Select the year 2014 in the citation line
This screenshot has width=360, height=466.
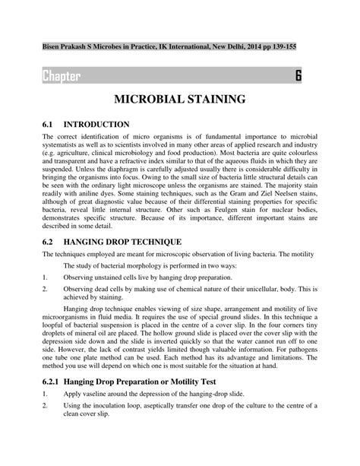pyautogui.click(x=243, y=47)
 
